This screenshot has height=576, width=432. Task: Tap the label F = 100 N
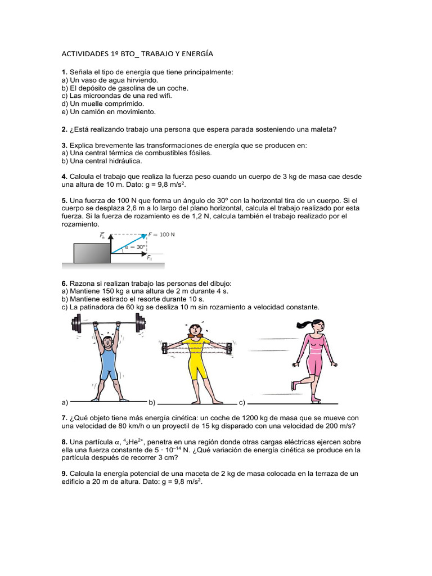(161, 234)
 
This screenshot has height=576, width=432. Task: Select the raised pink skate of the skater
(293, 385)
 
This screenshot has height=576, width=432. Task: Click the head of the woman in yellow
(195, 330)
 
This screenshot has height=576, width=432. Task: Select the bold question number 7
(64, 418)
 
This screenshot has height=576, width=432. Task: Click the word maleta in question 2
(323, 129)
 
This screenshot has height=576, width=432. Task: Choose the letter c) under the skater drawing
(242, 403)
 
